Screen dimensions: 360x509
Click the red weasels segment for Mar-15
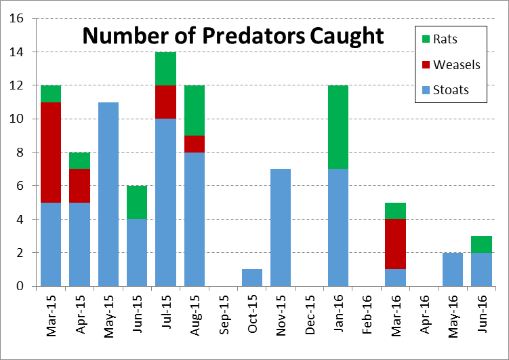51,153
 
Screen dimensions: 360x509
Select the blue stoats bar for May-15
108,194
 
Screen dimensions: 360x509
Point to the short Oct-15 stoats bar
252,277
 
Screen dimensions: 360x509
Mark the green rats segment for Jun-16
481,244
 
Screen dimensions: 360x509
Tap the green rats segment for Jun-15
137,202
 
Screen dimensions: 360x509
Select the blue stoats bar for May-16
453,269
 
